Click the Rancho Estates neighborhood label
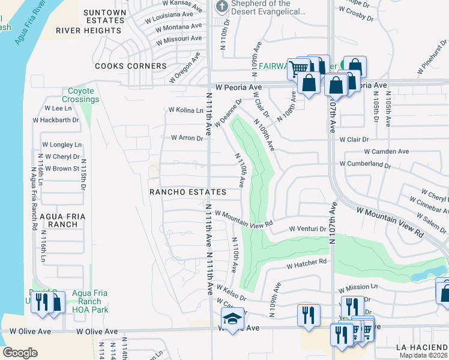click(188, 192)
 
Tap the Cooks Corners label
click(130, 66)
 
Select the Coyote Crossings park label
click(80, 95)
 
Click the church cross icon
click(220, 7)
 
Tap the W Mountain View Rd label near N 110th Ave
click(244, 218)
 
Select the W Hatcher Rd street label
click(306, 262)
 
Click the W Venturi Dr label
click(307, 229)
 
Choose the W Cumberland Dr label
click(365, 164)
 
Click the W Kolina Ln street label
click(186, 110)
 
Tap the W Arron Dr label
click(187, 137)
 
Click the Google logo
click(20, 353)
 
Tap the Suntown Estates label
click(104, 16)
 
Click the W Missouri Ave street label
click(178, 39)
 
